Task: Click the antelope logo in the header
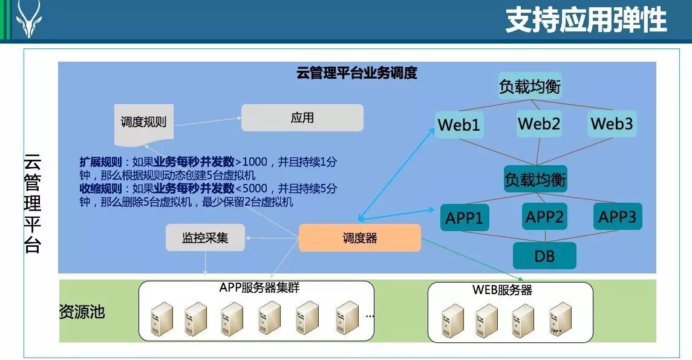(28, 19)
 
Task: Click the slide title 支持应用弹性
(586, 20)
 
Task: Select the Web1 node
(459, 125)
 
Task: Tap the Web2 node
(538, 124)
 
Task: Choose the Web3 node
(612, 124)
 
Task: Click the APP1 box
(465, 218)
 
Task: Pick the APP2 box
(544, 217)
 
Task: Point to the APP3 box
(617, 217)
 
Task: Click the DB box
(544, 256)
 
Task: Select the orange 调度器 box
(359, 238)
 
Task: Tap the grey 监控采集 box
(205, 238)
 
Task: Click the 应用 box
(302, 117)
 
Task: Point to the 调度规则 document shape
(143, 123)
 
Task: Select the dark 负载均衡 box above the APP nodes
(535, 180)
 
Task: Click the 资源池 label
(82, 312)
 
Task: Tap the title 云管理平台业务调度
(356, 73)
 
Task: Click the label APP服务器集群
(259, 288)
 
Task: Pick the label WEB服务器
(502, 290)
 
